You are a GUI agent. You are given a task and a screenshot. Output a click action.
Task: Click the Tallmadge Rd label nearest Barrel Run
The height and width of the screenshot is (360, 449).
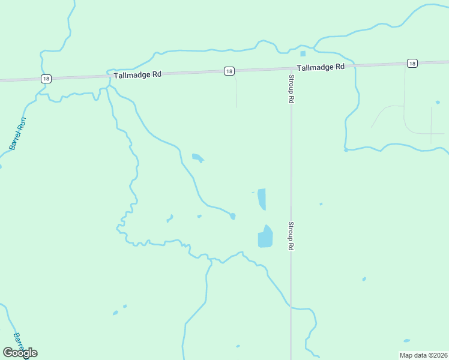pos(138,74)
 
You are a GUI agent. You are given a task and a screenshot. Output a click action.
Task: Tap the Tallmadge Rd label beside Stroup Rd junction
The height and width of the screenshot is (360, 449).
pos(321,67)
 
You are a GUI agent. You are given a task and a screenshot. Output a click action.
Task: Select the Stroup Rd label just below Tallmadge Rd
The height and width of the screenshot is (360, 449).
pos(291,89)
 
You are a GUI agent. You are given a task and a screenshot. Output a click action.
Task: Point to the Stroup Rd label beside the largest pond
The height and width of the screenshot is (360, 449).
pos(291,236)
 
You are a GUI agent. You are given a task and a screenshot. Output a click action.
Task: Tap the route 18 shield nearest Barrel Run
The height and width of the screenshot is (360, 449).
pos(46,79)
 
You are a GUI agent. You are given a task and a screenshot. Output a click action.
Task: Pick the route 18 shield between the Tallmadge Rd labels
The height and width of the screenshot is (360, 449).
pos(229,71)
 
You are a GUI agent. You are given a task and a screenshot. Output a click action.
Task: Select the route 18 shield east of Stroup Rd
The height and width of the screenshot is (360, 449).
pos(411,63)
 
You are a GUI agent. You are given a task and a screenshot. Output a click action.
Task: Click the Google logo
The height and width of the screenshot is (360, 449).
pos(20,352)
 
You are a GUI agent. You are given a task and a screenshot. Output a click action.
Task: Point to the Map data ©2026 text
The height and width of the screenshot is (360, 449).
pos(423,355)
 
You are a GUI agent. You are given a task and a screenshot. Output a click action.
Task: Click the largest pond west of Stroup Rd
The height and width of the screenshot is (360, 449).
pos(265,237)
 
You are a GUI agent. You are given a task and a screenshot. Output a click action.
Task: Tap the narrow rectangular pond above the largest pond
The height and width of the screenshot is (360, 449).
pos(262,199)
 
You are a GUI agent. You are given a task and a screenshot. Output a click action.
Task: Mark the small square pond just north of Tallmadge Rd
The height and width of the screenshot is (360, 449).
pos(303,53)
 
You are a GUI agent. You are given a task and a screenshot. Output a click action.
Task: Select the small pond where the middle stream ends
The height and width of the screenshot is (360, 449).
pos(232,216)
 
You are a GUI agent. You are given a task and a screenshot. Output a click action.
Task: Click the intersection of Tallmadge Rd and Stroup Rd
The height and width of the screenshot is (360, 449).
pos(291,68)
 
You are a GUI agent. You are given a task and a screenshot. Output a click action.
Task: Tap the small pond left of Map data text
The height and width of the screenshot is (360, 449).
pos(406,341)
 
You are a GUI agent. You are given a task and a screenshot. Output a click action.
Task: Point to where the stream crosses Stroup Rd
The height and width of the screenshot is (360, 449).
pos(291,307)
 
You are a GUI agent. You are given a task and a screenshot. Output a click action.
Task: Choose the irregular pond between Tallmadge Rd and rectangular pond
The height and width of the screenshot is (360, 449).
pos(197,158)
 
